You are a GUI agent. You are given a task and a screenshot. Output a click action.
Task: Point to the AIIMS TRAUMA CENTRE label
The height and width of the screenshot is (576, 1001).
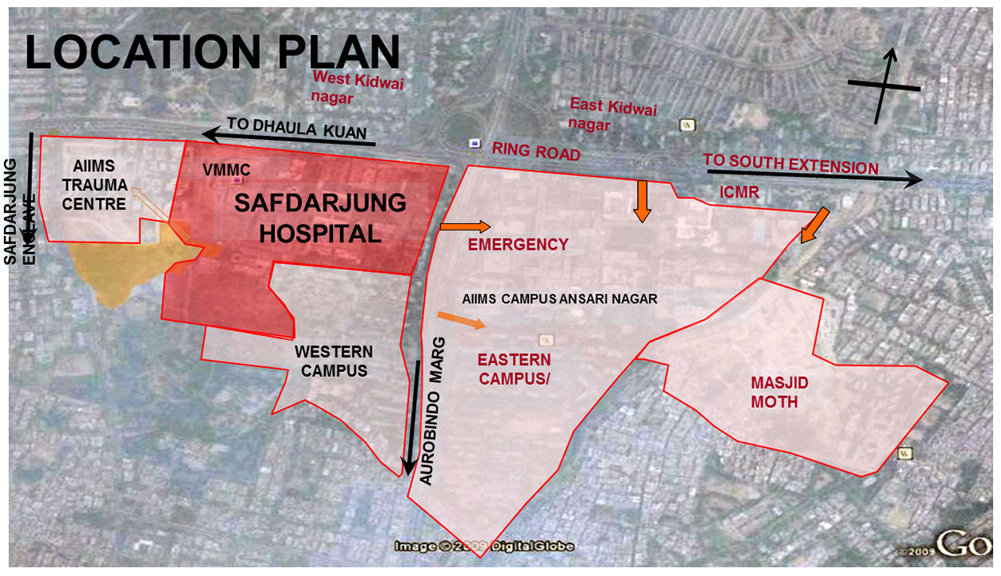click(x=94, y=185)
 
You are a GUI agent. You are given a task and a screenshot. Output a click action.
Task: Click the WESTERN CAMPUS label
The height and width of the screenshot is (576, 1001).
click(x=333, y=362)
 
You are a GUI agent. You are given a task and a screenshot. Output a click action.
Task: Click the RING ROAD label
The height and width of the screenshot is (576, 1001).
click(x=536, y=150)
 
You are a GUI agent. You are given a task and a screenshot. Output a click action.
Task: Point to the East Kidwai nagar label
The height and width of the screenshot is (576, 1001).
click(x=612, y=114)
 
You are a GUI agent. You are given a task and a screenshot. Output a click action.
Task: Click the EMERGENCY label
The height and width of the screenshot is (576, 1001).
click(x=519, y=245)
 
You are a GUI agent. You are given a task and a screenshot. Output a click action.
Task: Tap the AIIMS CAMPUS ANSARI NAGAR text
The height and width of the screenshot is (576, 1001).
click(x=559, y=298)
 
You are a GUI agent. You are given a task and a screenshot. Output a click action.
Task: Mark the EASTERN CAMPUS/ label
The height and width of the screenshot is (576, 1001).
click(x=515, y=369)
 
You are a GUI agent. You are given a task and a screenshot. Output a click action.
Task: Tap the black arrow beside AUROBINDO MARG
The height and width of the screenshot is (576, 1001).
click(x=413, y=417)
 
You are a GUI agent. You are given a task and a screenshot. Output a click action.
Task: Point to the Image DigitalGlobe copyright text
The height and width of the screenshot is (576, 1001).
click(x=484, y=546)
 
